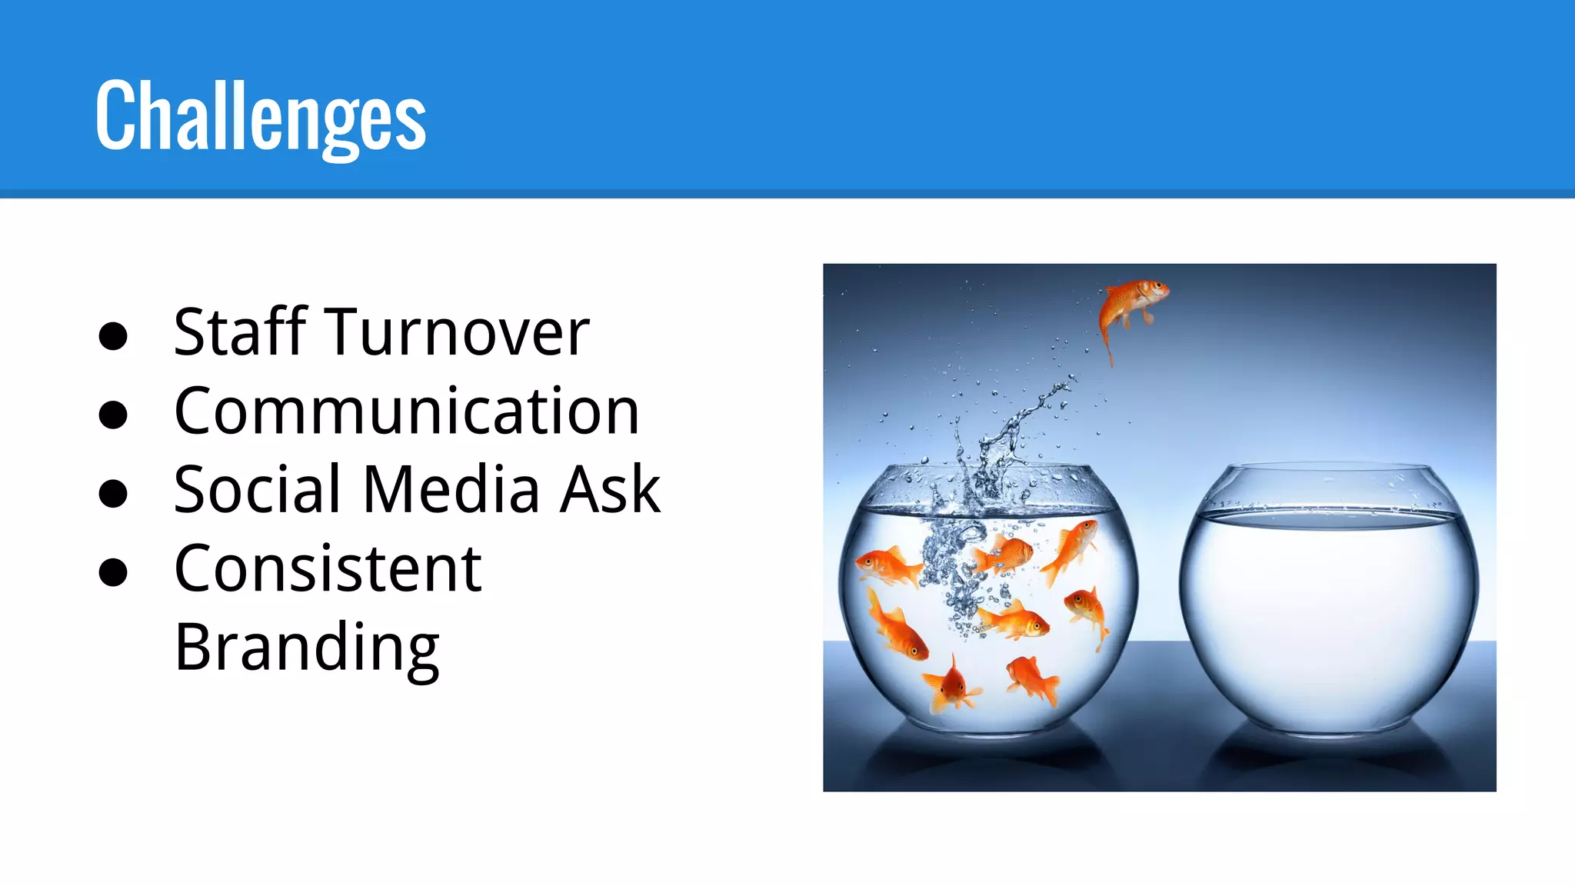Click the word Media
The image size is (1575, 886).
tap(451, 490)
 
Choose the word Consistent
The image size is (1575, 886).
tap(328, 569)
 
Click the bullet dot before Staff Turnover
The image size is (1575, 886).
tap(113, 336)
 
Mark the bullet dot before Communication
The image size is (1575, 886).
tap(113, 415)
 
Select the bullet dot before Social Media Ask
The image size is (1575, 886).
tap(113, 493)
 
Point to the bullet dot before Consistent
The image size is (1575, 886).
tap(113, 572)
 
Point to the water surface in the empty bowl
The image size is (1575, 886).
tap(1329, 517)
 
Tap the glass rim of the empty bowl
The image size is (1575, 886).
tap(1329, 466)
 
